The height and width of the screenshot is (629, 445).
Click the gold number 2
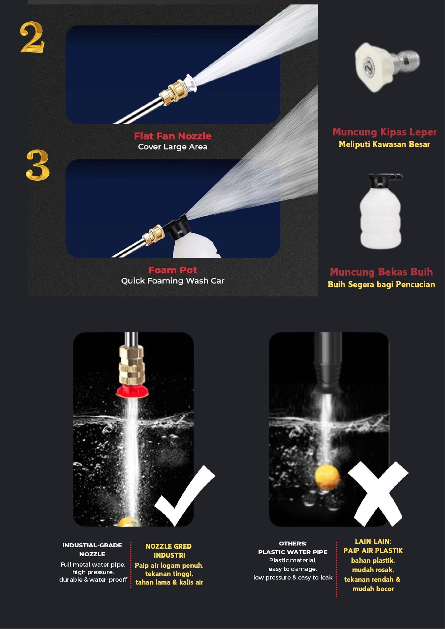tap(32, 37)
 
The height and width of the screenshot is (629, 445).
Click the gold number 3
tap(38, 165)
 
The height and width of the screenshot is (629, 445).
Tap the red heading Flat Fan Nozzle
tap(172, 136)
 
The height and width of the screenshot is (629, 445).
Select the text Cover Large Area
tap(172, 147)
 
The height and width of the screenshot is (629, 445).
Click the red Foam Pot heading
tap(172, 270)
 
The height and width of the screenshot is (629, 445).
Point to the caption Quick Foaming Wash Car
tap(172, 281)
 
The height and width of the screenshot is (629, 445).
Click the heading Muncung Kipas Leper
tap(384, 132)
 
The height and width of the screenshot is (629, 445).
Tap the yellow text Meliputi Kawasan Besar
tap(384, 144)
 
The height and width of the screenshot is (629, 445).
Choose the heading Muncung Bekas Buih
tap(381, 272)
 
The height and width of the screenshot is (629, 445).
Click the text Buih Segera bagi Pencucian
tap(381, 284)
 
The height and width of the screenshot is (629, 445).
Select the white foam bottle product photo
tap(380, 211)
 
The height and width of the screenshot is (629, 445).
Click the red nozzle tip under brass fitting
tap(132, 391)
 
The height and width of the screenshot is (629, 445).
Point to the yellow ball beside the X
tap(327, 477)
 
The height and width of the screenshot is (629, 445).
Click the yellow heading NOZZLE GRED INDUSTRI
tap(169, 551)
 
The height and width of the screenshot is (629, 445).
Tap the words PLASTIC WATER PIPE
tap(293, 552)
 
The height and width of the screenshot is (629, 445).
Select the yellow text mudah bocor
tap(373, 589)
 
